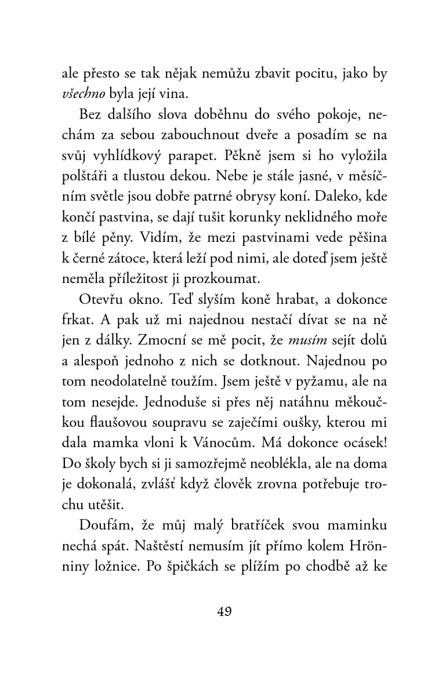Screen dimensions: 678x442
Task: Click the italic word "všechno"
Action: click(x=82, y=94)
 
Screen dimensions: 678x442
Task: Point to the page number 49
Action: click(x=223, y=611)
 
